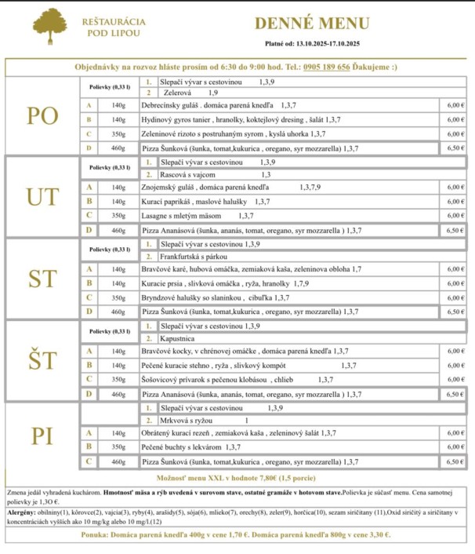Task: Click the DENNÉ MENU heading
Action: coord(311,24)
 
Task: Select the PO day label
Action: coord(42,116)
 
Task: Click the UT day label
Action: coord(42,197)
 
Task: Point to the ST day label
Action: coord(42,279)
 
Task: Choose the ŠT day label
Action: coord(42,360)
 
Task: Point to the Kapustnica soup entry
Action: coord(177,337)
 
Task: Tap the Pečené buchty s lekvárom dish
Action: coord(181,447)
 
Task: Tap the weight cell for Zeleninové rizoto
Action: coord(118,134)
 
